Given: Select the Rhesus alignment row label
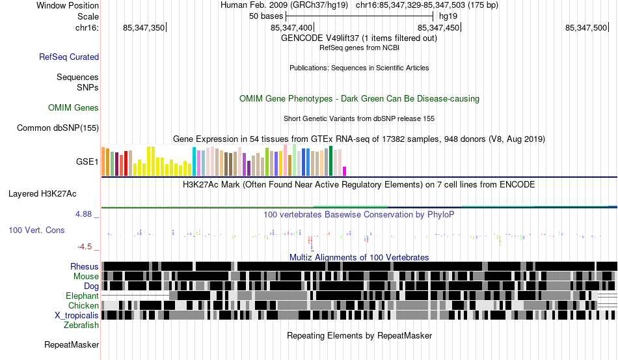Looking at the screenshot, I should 85,266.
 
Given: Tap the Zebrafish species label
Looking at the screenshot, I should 82,325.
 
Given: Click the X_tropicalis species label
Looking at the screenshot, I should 77,315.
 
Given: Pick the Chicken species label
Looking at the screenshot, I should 83,305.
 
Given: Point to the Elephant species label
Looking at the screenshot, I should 82,296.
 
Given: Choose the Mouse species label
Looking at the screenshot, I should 86,276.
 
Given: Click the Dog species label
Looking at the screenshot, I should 91,286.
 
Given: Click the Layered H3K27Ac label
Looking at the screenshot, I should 42,193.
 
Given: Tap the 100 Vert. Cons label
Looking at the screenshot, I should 36,230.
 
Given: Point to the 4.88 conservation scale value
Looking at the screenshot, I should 86,214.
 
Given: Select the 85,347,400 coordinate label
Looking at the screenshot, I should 291,27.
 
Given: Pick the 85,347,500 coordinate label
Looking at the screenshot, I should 586,27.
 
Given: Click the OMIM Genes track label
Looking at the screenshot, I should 74,107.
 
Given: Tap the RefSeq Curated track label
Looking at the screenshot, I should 69,57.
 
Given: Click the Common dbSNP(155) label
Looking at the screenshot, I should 57,128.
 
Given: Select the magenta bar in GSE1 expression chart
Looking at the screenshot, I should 345,171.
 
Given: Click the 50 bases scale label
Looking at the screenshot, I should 266,16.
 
